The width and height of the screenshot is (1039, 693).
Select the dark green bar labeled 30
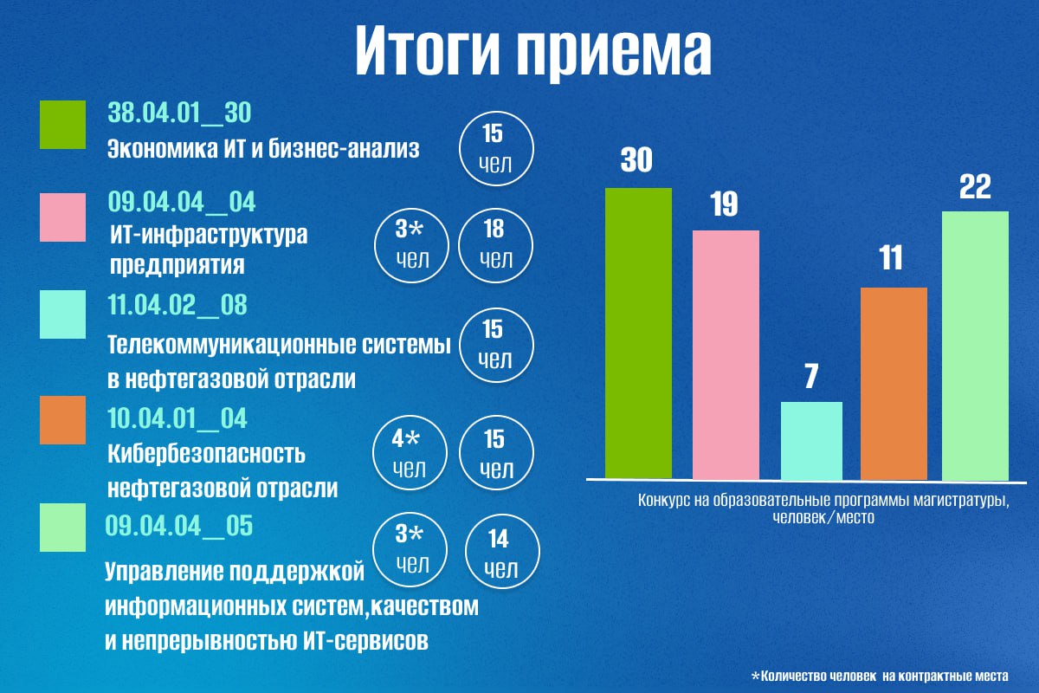click(638, 333)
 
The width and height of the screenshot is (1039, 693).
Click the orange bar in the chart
click(894, 383)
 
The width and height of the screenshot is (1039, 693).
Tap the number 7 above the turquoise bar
click(811, 378)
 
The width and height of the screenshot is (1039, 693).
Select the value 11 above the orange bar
click(892, 258)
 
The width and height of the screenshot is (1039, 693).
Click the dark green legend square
click(63, 125)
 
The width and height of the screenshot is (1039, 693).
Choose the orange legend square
click(63, 420)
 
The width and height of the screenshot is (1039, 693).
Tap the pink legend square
click(63, 217)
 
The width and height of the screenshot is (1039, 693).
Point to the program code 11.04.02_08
click(178, 306)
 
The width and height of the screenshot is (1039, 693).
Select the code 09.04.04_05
click(179, 526)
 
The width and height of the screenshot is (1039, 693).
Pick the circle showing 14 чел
click(502, 554)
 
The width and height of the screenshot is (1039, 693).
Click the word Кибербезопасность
click(207, 454)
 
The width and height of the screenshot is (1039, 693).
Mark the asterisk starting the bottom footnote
click(755, 675)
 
